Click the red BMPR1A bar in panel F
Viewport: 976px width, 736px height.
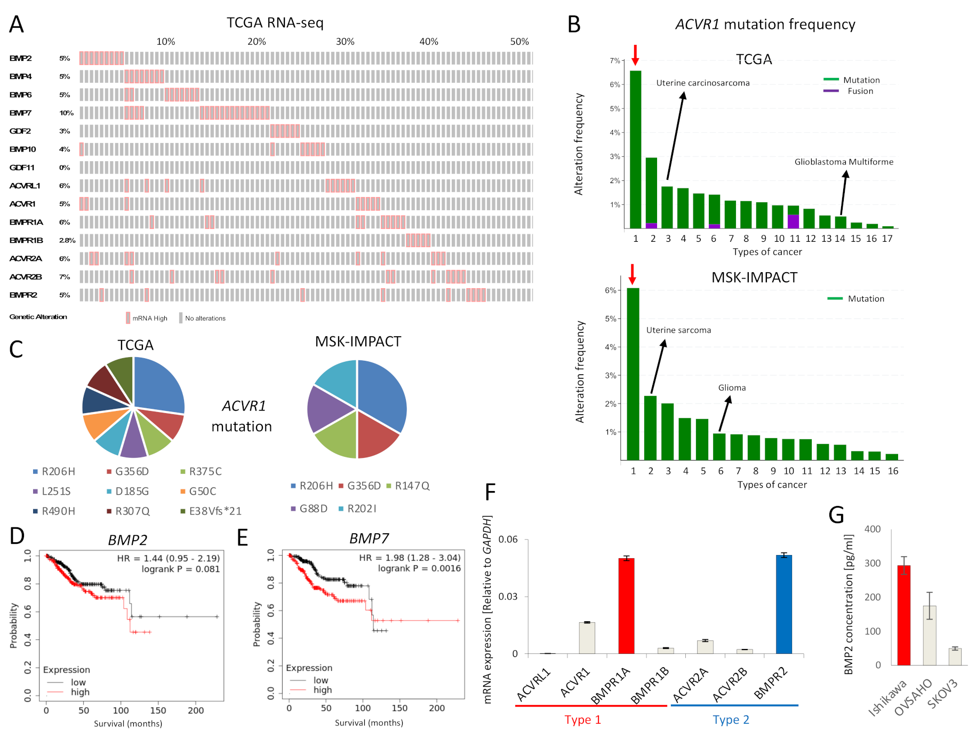[626, 606]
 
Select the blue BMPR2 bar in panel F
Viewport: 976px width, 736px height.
[783, 604]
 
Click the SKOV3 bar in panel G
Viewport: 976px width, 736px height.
[955, 656]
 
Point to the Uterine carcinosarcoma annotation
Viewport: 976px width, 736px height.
[702, 83]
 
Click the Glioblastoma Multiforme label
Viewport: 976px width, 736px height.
[843, 162]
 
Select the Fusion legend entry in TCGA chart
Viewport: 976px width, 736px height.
[860, 91]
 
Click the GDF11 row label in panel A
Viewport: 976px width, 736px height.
[22, 168]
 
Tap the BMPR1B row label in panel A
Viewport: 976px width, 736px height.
[26, 240]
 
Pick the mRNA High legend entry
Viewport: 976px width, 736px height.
[149, 318]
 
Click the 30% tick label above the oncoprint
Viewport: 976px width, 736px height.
[345, 42]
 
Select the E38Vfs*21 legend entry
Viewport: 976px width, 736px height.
[215, 511]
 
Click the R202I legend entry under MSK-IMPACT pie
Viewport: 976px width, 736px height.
[361, 509]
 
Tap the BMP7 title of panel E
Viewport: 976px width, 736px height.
[369, 539]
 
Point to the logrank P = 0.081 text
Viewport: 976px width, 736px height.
[180, 569]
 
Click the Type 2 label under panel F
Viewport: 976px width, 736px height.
[731, 719]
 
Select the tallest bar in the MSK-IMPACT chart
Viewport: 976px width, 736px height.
[633, 374]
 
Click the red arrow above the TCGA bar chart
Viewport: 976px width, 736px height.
[635, 54]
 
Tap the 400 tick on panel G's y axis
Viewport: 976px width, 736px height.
[872, 529]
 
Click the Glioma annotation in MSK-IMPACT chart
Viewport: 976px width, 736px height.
[732, 388]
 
